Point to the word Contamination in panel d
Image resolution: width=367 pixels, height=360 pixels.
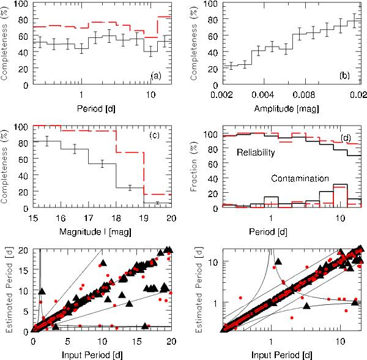tap(299, 179)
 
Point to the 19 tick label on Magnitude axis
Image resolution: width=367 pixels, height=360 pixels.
tap(144, 218)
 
